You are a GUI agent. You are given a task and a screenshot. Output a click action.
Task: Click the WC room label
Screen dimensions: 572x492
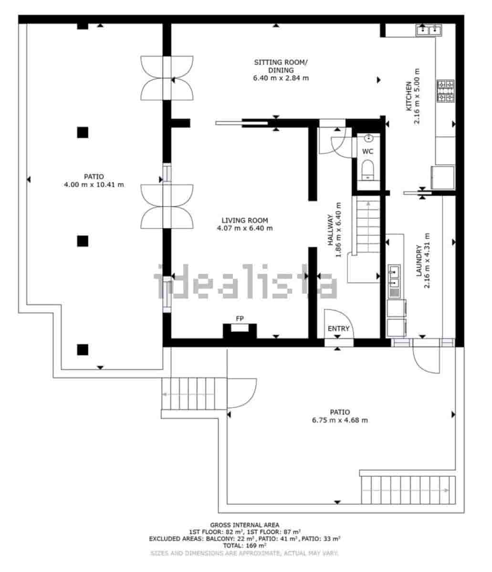pyautogui.click(x=367, y=152)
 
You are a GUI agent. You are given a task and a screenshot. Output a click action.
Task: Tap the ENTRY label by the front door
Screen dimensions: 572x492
pyautogui.click(x=338, y=328)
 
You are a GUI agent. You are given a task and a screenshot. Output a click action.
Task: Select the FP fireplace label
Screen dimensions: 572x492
pyautogui.click(x=240, y=318)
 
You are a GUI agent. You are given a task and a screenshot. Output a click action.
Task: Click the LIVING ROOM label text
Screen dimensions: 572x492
pyautogui.click(x=244, y=220)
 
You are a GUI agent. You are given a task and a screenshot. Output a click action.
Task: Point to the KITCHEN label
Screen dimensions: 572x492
pyautogui.click(x=409, y=96)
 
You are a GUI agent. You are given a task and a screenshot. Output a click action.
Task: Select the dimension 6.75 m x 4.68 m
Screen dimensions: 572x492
pyautogui.click(x=340, y=420)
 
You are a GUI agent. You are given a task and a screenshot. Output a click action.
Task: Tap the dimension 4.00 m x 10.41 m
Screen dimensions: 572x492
pyautogui.click(x=94, y=184)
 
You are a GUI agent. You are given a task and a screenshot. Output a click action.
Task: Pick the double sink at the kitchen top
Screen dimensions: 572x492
pyautogui.click(x=429, y=31)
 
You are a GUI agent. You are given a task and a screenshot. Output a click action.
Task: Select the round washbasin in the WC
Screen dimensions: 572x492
pyautogui.click(x=368, y=139)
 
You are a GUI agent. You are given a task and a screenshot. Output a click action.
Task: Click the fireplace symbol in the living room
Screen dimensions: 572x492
pyautogui.click(x=240, y=330)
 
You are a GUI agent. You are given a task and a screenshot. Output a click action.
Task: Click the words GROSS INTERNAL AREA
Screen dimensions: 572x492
pyautogui.click(x=244, y=525)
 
